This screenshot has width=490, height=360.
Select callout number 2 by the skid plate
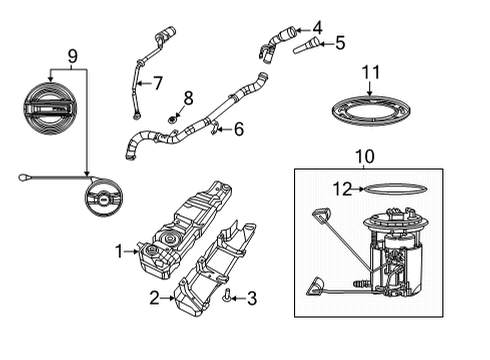click(x=154, y=296)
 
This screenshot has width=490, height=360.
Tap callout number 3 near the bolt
click(x=252, y=297)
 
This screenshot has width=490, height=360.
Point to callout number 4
click(x=317, y=27)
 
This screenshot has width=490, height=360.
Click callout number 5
click(x=340, y=43)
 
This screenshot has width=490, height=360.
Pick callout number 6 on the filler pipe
click(x=238, y=128)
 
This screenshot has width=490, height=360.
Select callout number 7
click(x=157, y=83)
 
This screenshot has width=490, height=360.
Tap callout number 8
click(x=187, y=98)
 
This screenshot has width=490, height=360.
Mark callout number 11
click(x=371, y=72)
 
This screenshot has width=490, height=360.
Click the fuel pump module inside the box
click(x=396, y=255)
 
